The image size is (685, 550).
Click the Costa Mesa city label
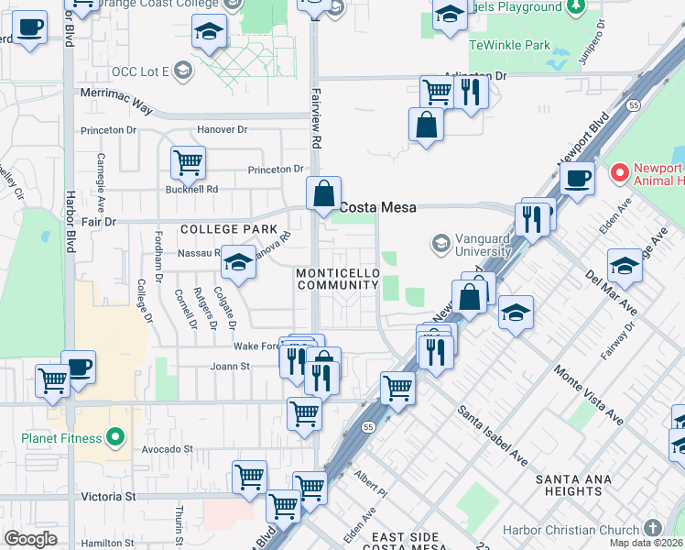(x=378, y=208)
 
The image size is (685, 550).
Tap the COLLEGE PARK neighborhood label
(x=228, y=229)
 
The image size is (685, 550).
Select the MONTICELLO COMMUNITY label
(x=337, y=280)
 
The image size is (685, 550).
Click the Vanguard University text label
(x=472, y=244)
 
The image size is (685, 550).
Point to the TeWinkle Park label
(x=510, y=44)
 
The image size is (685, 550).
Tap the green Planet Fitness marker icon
(x=114, y=437)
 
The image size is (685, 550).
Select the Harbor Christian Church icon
(x=651, y=529)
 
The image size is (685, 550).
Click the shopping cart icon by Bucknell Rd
(x=188, y=163)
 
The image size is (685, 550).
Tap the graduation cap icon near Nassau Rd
(x=238, y=263)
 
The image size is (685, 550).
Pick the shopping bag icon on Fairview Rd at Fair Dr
(x=323, y=193)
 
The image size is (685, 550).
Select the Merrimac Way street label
(x=116, y=106)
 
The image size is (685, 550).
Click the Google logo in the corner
(x=30, y=539)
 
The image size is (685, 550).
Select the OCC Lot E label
(x=141, y=71)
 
